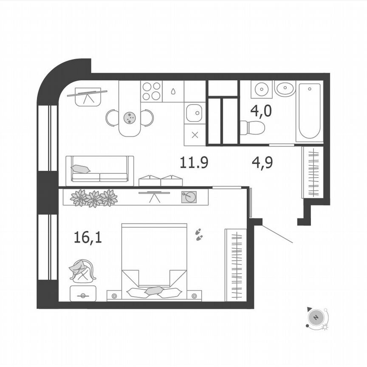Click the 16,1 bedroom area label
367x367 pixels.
pyautogui.click(x=88, y=237)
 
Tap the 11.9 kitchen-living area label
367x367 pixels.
pyautogui.click(x=194, y=163)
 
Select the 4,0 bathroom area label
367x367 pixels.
pyautogui.click(x=261, y=111)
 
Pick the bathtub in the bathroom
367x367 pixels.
pyautogui.click(x=309, y=111)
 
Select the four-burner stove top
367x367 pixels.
pyautogui.click(x=152, y=91)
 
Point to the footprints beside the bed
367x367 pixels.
pyautogui.click(x=198, y=234)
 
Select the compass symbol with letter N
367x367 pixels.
pyautogui.click(x=316, y=317)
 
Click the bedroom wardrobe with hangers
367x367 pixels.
pyautogui.click(x=236, y=264)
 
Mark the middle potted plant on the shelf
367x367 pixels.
pyautogui.click(x=94, y=198)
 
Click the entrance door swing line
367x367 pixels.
pyautogui.click(x=277, y=234)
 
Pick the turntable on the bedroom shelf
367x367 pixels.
pyautogui.click(x=189, y=197)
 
